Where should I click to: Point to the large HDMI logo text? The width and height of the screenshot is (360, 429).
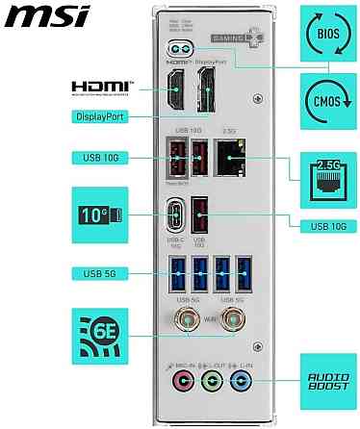[104, 88]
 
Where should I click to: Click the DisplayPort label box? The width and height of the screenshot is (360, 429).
[104, 116]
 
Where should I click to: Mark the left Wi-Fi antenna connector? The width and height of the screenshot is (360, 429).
[180, 317]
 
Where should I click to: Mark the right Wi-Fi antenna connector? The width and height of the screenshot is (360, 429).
[231, 317]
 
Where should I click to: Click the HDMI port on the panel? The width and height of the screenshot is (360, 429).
[177, 92]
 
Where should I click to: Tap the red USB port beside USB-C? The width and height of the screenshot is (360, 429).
[200, 214]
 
